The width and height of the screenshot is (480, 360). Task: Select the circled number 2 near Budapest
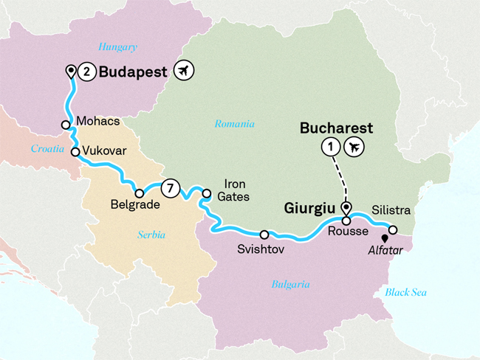(88, 72)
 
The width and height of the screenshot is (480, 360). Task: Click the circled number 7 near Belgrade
(170, 188)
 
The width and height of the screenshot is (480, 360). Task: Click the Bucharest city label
(335, 128)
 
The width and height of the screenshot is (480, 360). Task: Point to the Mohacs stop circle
(66, 125)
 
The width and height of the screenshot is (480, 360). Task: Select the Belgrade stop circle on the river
(140, 194)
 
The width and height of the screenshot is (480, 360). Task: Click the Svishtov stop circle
(264, 235)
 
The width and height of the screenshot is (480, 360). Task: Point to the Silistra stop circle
(394, 229)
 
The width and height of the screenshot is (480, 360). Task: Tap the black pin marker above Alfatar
(384, 238)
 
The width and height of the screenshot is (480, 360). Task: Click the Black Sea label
(405, 292)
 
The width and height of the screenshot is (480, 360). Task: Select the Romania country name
(234, 124)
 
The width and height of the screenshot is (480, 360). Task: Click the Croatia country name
(47, 148)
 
